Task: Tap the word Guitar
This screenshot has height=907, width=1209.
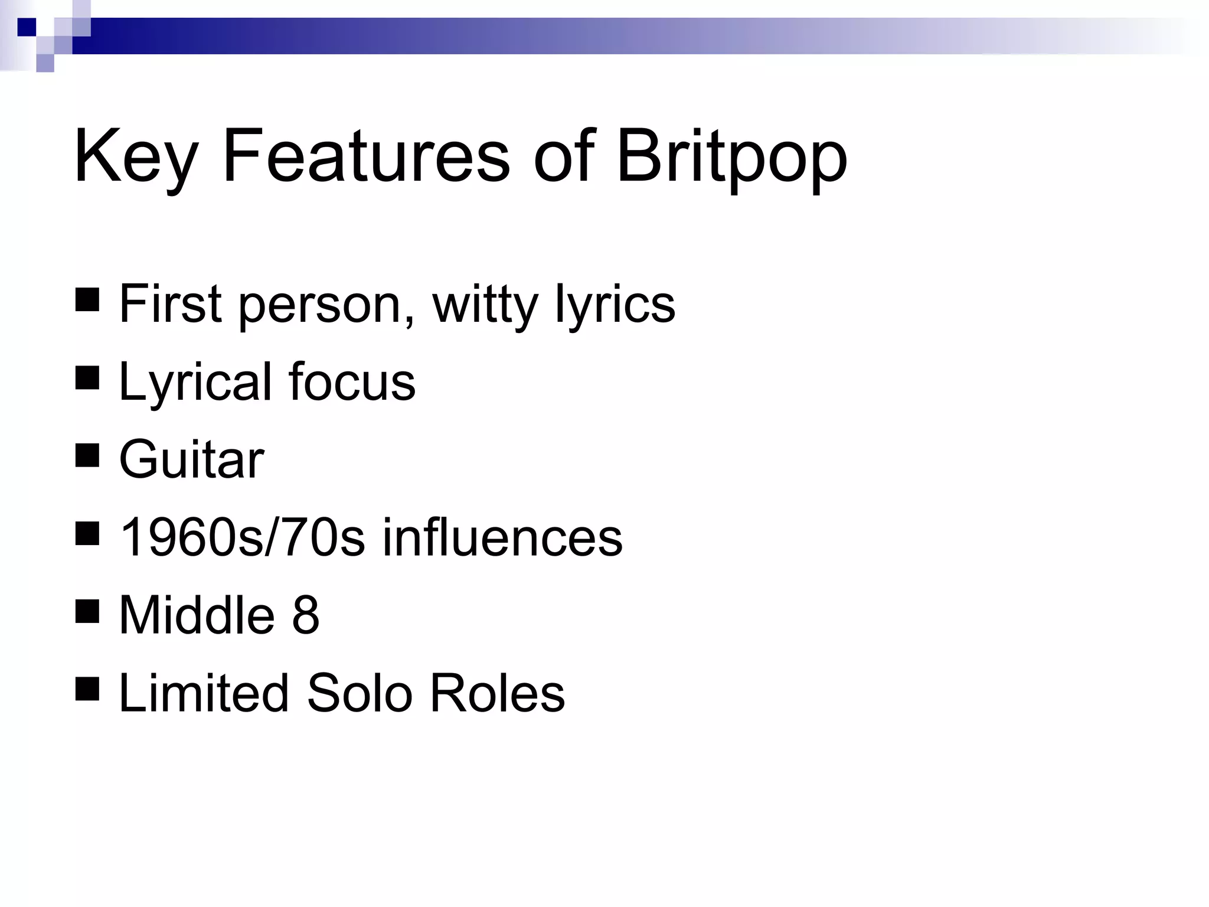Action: pyautogui.click(x=191, y=460)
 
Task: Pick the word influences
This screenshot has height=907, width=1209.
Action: pyautogui.click(x=502, y=537)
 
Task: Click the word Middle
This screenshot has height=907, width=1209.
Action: pyautogui.click(x=197, y=615)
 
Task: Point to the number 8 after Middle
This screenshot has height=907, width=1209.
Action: pyautogui.click(x=305, y=615)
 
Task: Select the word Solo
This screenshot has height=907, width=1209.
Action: pyautogui.click(x=360, y=693)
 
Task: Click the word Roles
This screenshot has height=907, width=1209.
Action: pyautogui.click(x=497, y=693)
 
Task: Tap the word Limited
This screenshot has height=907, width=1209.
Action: pyautogui.click(x=204, y=693)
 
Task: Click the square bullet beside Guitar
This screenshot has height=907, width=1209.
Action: pyautogui.click(x=87, y=455)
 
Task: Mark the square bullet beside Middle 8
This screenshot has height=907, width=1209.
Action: pyautogui.click(x=87, y=611)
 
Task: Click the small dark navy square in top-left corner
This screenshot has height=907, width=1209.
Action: pyautogui.click(x=27, y=27)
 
